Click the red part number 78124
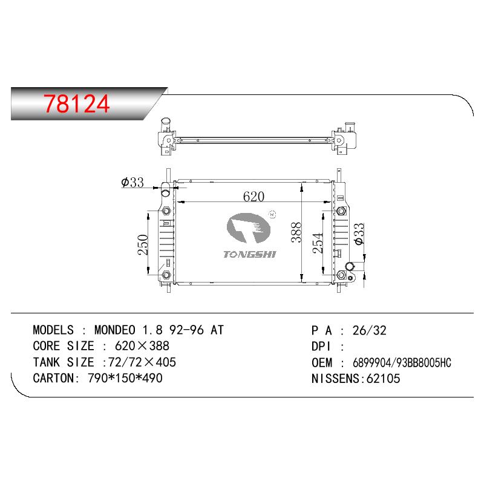click(x=77, y=103)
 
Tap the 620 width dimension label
click(x=253, y=196)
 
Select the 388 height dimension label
click(x=296, y=232)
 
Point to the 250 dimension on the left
click(x=143, y=245)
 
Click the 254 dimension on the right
click(x=318, y=244)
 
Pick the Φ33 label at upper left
click(x=132, y=182)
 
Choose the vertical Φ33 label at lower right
click(x=359, y=234)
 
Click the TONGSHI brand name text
click(x=249, y=254)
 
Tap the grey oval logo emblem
click(x=249, y=228)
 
